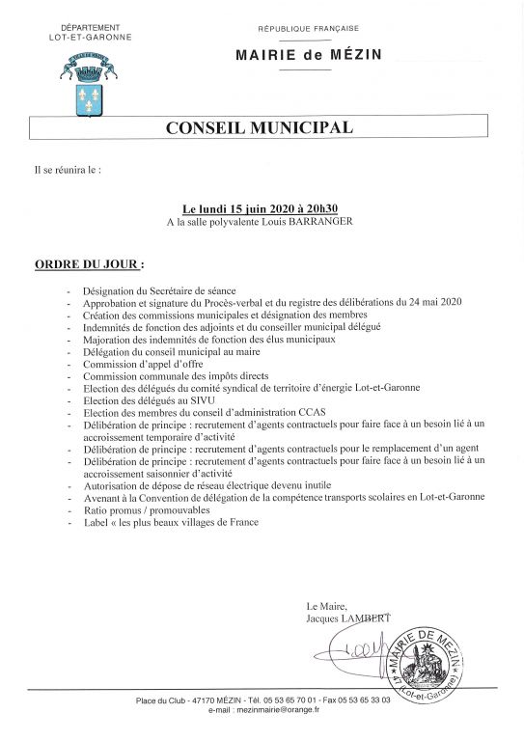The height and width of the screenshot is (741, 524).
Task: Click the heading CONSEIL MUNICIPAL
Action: coord(261,126)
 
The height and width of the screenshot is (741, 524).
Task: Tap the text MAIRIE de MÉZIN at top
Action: coord(308,55)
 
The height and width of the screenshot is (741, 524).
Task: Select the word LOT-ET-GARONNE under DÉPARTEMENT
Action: coord(91,37)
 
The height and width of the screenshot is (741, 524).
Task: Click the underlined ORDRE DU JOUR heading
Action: coord(90,262)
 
